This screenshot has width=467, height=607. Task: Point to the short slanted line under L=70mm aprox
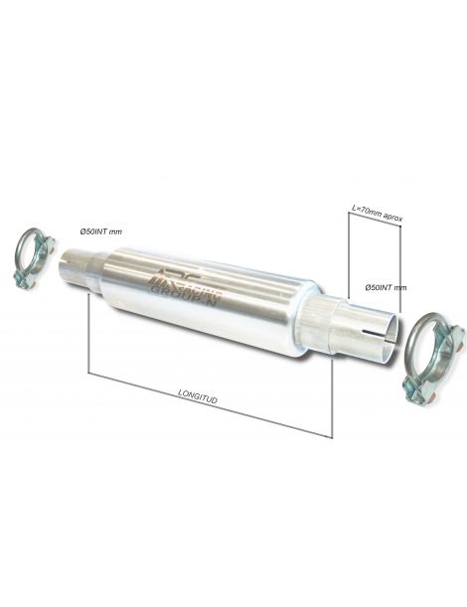(374, 221)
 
